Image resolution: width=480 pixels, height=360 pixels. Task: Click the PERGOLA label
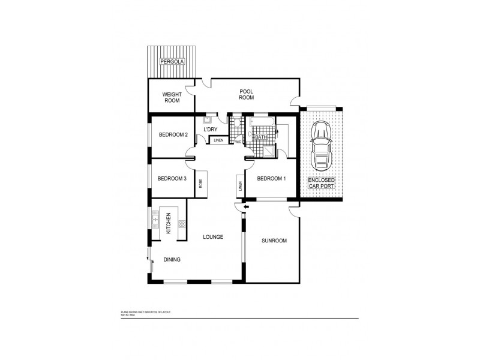click(x=172, y=62)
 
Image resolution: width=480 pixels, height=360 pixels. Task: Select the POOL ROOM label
click(x=247, y=95)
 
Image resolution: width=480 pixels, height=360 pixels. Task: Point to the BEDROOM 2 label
click(x=173, y=135)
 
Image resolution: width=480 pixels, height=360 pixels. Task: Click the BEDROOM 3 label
click(x=172, y=178)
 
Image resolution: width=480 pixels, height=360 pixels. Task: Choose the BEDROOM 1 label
click(x=271, y=179)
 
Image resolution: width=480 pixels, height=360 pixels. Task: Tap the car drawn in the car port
click(x=322, y=146)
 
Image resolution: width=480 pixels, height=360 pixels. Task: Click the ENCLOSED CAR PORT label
click(x=322, y=184)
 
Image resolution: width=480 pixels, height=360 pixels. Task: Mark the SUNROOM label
click(x=274, y=241)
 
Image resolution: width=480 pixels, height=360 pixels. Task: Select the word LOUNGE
click(x=213, y=237)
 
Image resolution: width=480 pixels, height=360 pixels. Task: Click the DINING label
click(x=172, y=260)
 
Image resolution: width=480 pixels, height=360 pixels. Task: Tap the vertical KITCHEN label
click(x=169, y=223)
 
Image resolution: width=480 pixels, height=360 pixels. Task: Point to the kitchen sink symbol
click(x=155, y=220)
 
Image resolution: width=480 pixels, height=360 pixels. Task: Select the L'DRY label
click(x=210, y=130)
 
